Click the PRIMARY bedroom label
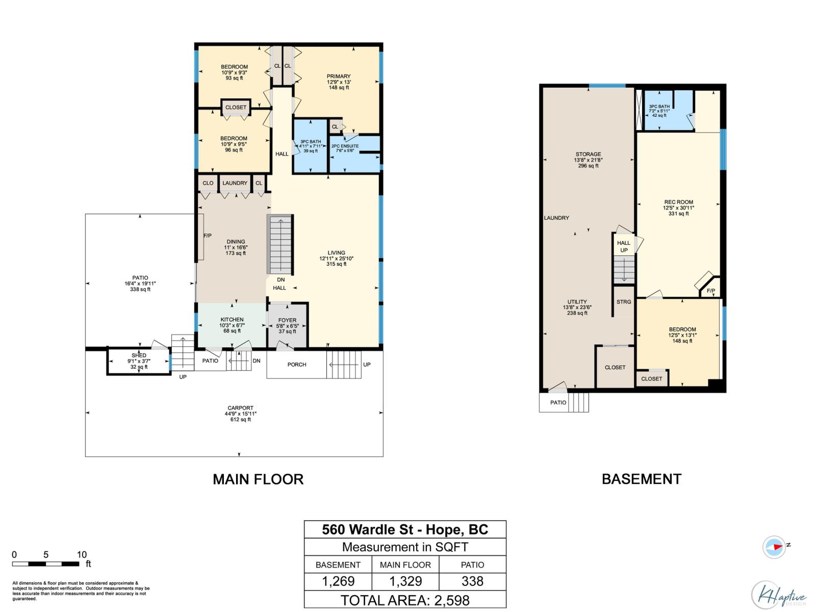point(339,76)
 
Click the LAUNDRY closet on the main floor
point(235,183)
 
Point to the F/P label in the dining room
point(208,236)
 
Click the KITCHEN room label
point(232,320)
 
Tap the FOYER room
point(287,325)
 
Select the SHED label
point(139,355)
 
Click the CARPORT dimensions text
point(240,414)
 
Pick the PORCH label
point(297,365)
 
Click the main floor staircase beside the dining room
point(280,245)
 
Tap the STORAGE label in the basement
point(588,154)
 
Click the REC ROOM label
point(678,202)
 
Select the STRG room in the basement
point(624,302)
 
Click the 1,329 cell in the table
point(405,581)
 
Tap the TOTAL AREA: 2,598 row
point(405,600)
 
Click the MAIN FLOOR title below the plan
point(258,479)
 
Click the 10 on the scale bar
point(82,555)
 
